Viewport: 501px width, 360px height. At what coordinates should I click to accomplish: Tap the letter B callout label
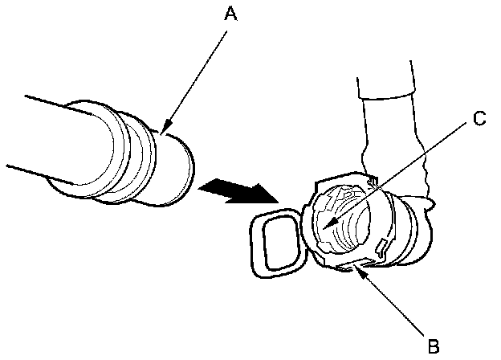[x=434, y=346]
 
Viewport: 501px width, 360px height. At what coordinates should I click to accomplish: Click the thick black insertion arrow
[x=237, y=191]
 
